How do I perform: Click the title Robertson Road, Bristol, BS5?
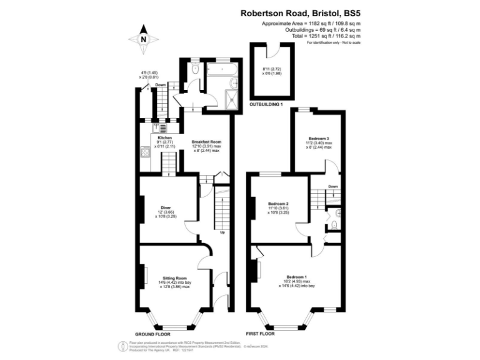point(301,12)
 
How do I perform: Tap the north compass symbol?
point(143,39)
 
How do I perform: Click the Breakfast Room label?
point(206,142)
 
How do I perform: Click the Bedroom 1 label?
point(296,277)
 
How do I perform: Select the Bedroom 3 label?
point(319,138)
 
